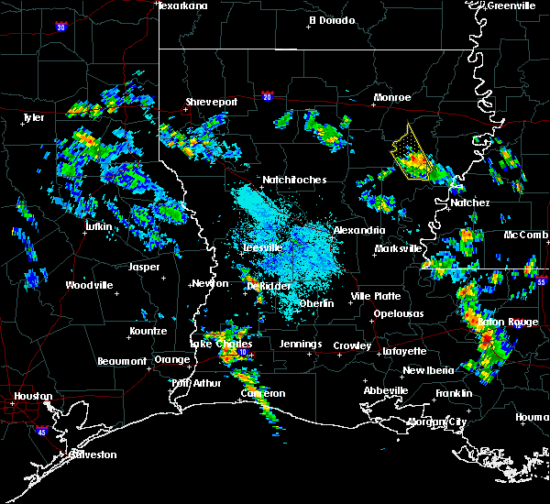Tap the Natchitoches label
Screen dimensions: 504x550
tap(293, 180)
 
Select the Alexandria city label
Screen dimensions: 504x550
tap(358, 230)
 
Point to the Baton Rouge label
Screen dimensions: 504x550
tap(507, 323)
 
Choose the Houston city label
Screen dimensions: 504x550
tap(26, 397)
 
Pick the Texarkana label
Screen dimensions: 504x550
tap(182, 5)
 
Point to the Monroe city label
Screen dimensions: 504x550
tap(391, 97)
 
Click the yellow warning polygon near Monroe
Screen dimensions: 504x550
tap(410, 151)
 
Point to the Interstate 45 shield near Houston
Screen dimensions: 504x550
tap(42, 427)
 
